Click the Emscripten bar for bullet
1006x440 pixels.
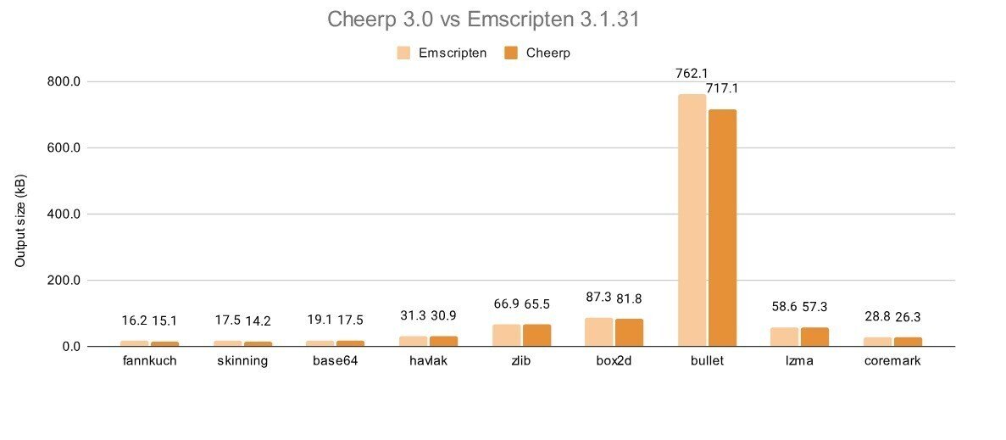692,220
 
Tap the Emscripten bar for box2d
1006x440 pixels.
599,331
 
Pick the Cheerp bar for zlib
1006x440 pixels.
536,335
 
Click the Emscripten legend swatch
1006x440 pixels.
404,53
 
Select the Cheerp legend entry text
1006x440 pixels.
547,53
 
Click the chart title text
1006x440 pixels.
483,19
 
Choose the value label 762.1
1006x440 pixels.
692,74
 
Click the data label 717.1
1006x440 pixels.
723,88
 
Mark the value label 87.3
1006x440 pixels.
598,298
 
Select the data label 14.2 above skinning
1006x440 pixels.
258,320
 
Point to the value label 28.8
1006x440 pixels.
877,317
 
